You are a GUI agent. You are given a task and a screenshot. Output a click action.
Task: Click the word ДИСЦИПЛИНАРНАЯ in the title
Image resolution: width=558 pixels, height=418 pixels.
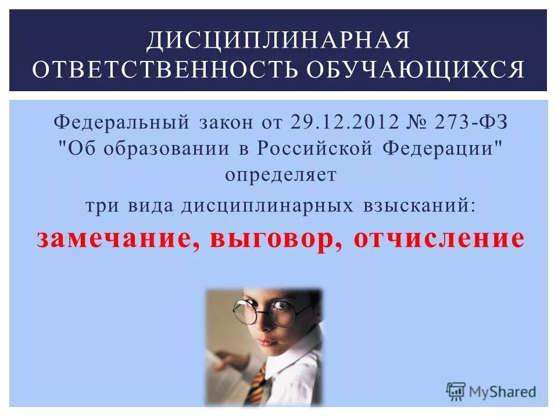278,41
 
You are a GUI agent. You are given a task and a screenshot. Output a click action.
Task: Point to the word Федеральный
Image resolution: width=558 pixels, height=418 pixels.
121,122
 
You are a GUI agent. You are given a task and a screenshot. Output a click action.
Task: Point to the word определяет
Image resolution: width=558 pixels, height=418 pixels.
280,175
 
